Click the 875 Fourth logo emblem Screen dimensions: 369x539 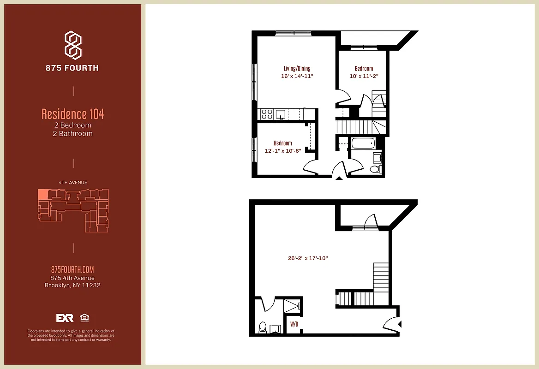point(73,45)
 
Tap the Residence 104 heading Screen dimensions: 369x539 point(73,113)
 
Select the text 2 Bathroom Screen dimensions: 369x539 point(73,134)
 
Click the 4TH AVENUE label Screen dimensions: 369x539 point(73,183)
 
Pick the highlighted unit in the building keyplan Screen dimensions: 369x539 point(42,194)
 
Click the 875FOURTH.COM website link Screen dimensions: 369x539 point(73,270)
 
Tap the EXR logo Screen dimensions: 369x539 point(65,318)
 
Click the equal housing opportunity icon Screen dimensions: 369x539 point(84,318)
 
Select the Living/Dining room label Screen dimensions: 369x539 point(297,69)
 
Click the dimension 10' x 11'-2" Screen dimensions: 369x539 point(364,76)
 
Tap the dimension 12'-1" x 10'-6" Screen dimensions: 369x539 point(283,151)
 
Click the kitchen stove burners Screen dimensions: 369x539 point(267,113)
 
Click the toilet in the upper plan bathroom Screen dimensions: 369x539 point(376,169)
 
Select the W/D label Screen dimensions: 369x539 point(294,324)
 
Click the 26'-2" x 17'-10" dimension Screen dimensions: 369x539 point(307,259)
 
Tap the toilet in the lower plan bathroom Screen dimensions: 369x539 point(263,327)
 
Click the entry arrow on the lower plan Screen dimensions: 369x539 point(400,324)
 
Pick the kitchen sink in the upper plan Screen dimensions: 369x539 point(280,114)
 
